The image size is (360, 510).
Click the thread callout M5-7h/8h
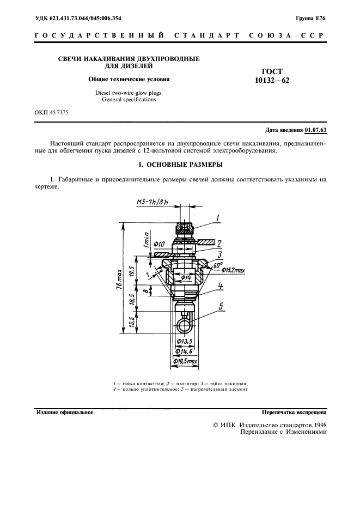tap(152, 202)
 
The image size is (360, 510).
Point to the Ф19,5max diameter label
tap(185, 361)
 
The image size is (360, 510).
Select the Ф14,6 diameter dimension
tap(184, 351)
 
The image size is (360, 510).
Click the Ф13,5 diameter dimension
tap(186, 341)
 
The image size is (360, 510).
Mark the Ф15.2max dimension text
tap(233, 270)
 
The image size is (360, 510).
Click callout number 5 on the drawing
tap(221, 306)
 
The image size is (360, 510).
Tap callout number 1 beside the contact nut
tap(218, 217)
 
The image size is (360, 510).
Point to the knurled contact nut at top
tap(185, 228)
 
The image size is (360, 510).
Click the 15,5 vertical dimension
tap(132, 323)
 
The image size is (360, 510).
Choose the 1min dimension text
tap(146, 240)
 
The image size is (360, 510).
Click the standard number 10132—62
tap(272, 80)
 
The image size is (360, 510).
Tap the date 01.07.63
tap(316, 130)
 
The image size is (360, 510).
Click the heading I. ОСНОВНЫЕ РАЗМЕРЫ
tap(180, 165)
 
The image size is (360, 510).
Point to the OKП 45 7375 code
tap(51, 113)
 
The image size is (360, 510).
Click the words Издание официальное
tap(64, 412)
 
